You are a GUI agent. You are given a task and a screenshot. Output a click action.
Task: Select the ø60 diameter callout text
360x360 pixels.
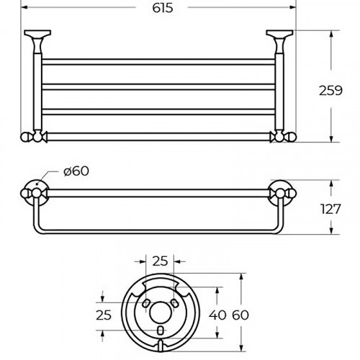(x=76, y=171)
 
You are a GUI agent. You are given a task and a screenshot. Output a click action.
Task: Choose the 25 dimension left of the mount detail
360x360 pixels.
(x=104, y=314)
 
